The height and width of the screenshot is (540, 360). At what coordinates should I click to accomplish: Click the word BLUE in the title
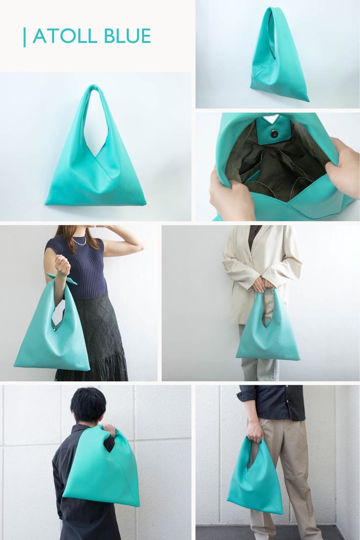click(x=127, y=36)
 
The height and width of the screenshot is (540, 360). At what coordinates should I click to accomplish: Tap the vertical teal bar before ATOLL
click(x=24, y=37)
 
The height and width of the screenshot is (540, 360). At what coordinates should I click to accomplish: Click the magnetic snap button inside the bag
click(x=274, y=134)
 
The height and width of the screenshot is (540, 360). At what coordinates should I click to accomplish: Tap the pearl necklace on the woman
click(x=79, y=241)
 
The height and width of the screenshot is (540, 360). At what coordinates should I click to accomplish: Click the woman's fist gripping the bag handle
click(x=62, y=265)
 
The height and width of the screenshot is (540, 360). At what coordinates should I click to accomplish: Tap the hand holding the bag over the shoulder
click(x=110, y=430)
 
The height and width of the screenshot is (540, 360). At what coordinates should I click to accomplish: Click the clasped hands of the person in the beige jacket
click(x=263, y=285)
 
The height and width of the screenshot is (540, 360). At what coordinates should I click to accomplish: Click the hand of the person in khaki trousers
click(x=255, y=430)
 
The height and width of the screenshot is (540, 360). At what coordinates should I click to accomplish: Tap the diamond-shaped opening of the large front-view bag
click(x=96, y=124)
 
